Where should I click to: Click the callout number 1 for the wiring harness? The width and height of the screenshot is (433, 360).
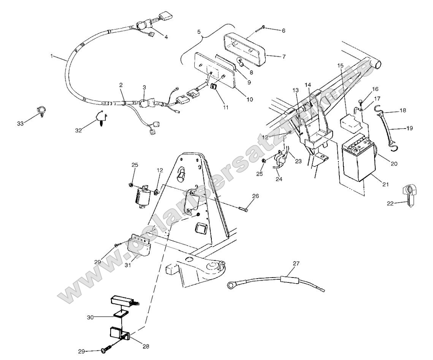coord(51,56)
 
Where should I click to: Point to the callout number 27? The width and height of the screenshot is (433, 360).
coord(296,263)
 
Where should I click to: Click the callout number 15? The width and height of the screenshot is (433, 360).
coord(340,65)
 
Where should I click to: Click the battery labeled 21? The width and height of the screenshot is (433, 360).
coord(358,158)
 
